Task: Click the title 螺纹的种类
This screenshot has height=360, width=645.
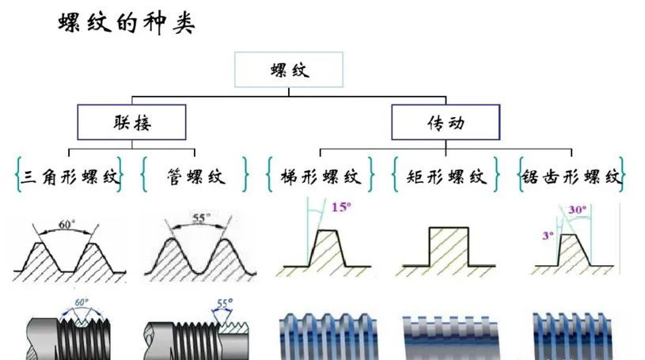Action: (x=127, y=22)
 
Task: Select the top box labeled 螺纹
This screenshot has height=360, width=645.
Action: (x=289, y=70)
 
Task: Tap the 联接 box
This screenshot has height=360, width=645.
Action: (x=131, y=123)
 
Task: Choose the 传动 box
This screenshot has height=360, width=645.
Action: (x=446, y=123)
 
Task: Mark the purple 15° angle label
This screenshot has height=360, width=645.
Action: (x=341, y=208)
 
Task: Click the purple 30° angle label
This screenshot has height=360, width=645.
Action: (x=579, y=210)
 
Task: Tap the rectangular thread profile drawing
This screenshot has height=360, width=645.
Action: (x=448, y=250)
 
